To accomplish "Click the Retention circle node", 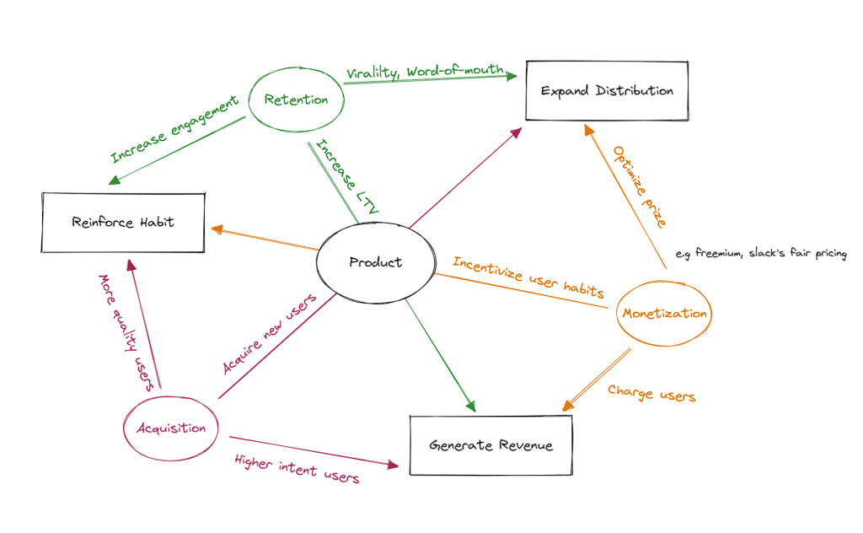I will [x=296, y=100].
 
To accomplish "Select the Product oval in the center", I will [x=375, y=262].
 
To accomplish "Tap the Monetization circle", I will [x=665, y=314].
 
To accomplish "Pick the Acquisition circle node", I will [x=171, y=428].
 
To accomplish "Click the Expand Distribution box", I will [x=607, y=90].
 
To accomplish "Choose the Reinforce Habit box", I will [x=123, y=223].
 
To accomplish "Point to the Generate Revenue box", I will [x=490, y=444].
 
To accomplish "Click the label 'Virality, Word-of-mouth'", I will [x=426, y=72].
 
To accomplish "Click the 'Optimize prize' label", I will [x=641, y=187].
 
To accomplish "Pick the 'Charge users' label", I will [x=651, y=393].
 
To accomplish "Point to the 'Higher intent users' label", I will [x=297, y=469].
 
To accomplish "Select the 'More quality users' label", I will [x=125, y=331].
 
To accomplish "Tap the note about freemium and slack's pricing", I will [x=761, y=254].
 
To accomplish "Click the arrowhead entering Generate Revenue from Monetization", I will [x=566, y=406].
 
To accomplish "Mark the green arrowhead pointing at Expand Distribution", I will [x=511, y=76].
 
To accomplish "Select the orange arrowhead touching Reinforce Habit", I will [x=215, y=229].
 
